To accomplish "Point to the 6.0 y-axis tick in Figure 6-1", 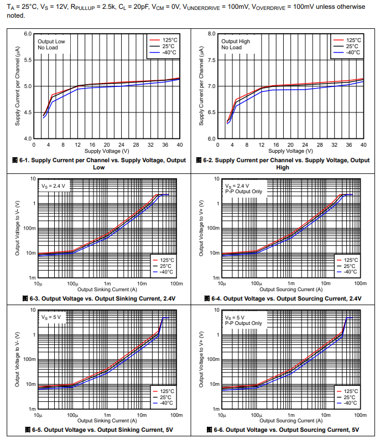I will click(28, 34).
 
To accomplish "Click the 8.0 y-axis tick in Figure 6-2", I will click(212, 34).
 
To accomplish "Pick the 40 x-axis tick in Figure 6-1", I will click(179, 144).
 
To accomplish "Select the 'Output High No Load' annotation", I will click(236, 44).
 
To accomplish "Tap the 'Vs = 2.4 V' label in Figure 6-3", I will click(53, 186).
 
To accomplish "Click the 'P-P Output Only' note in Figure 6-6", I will click(244, 323).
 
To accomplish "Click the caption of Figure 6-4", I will click(283, 298).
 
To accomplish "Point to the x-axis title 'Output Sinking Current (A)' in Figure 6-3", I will click(107, 289).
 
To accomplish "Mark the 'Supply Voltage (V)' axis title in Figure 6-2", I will click(291, 151).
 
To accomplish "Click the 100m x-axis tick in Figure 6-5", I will click(176, 415).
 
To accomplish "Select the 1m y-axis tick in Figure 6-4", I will click(216, 278).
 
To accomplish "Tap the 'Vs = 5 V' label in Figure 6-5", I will click(51, 317).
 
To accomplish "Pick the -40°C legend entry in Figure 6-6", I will click(350, 402).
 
